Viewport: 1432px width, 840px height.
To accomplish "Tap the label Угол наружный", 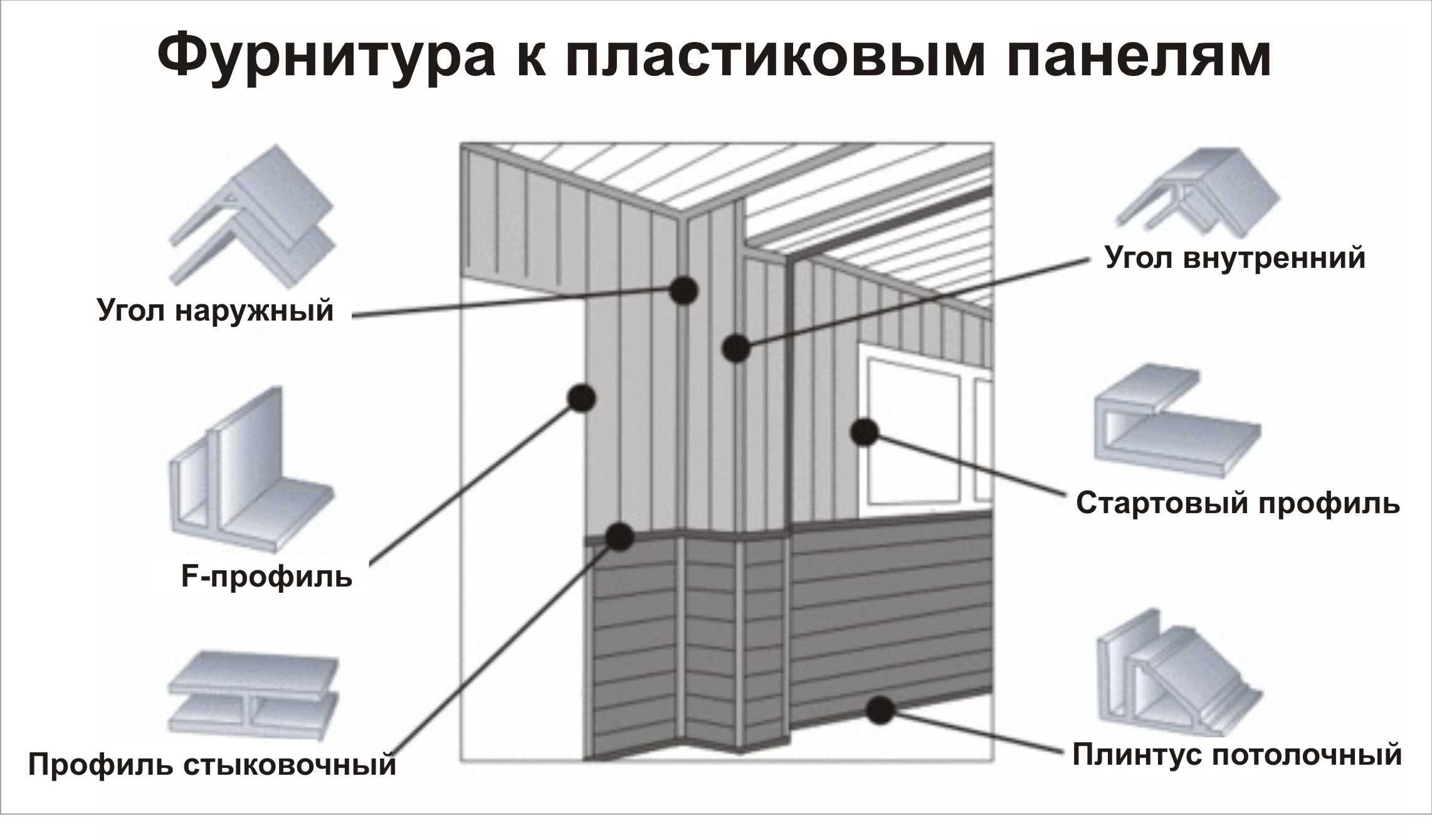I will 215,311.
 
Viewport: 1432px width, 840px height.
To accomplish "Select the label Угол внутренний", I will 1235,258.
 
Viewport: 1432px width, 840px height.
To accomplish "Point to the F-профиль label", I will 266,576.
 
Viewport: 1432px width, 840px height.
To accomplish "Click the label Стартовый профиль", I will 1238,503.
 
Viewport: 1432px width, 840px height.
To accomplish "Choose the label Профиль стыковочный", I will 212,765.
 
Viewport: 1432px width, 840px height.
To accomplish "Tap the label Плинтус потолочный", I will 1236,755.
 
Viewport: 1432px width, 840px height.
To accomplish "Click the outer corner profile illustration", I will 254,216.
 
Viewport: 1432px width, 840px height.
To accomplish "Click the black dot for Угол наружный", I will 683,290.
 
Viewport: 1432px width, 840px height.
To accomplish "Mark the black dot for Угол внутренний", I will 736,348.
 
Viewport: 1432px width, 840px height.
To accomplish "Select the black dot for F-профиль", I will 581,398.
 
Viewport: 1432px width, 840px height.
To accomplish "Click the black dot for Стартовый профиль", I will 865,432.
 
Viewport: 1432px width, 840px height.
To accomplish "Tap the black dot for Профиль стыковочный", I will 619,536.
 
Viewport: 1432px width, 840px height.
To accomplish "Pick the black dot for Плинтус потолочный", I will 880,710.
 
